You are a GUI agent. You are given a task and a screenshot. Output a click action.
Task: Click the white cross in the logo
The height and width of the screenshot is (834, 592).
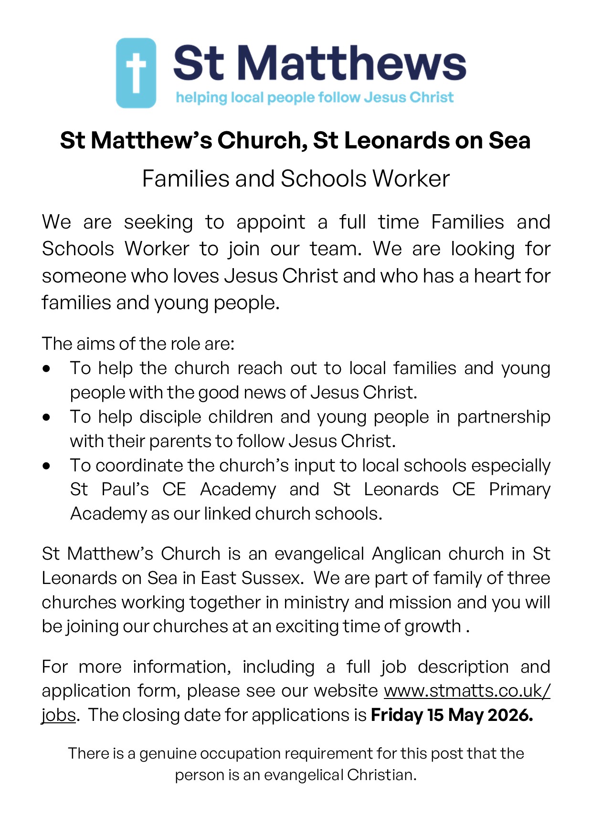point(136,73)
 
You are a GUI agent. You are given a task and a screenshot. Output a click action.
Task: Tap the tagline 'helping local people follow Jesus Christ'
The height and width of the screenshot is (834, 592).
point(315,97)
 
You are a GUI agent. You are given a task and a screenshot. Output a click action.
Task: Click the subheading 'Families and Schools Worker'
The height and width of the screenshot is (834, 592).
point(296,179)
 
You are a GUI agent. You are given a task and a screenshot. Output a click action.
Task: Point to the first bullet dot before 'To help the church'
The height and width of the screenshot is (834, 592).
point(46,369)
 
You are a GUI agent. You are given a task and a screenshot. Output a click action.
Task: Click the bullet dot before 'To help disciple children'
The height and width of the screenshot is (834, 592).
point(46,417)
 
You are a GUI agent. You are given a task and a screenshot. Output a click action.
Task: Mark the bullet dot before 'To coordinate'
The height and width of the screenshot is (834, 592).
point(46,466)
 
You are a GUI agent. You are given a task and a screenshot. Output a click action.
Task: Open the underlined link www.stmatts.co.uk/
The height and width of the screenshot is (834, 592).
point(467,691)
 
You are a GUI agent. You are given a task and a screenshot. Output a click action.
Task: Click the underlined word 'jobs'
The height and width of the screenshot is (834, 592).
point(59,715)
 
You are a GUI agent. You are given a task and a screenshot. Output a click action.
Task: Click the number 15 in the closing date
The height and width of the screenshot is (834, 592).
point(435,715)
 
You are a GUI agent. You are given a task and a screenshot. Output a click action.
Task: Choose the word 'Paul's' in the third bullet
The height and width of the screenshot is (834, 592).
point(125,490)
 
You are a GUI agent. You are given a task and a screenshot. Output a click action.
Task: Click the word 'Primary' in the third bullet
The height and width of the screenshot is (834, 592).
point(519,490)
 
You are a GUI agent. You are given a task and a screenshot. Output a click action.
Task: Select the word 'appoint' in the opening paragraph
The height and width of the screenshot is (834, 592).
point(271,223)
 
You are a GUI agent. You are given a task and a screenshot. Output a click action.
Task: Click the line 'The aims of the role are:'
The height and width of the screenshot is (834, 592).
point(138,344)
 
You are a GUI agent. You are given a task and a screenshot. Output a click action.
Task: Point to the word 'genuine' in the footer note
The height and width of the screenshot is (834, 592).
point(168,753)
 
